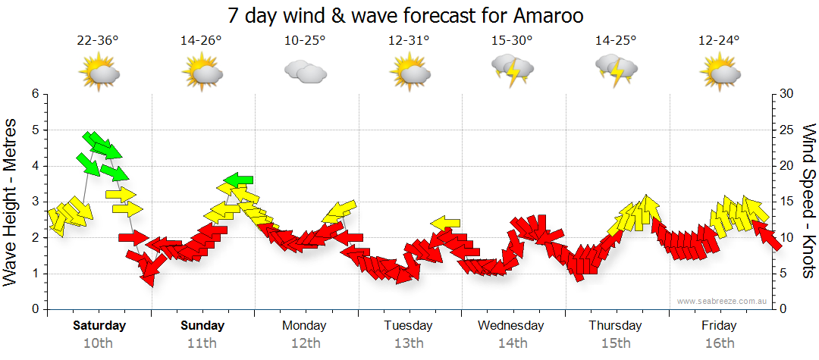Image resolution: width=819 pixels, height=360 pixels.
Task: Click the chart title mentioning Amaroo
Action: coord(409,15)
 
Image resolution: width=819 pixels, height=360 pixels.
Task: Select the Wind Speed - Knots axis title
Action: coord(808,201)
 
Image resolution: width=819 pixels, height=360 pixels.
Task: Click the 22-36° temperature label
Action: coord(98,41)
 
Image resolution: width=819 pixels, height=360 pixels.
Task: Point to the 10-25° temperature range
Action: coord(305,41)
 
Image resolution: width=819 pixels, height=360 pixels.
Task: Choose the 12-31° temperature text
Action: coord(409,41)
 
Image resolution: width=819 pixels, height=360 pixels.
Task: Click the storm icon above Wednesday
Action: coord(512,70)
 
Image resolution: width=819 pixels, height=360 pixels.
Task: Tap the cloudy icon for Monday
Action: coord(305,73)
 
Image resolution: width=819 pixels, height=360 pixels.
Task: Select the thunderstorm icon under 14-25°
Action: coord(616,70)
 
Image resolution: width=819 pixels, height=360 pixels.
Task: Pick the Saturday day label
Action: coord(99,326)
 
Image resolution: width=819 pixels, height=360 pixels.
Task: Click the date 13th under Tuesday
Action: coord(409,343)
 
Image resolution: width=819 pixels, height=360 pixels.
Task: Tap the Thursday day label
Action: coord(616,326)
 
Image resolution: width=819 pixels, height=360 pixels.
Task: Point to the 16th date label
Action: coord(720,343)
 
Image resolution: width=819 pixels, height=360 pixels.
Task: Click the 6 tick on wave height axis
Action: coord(35,94)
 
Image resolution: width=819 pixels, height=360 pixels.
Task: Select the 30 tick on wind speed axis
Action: coord(788,94)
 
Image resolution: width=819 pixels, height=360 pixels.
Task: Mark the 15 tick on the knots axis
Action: coord(788,202)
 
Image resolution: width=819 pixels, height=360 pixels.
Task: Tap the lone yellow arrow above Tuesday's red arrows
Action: coord(445,223)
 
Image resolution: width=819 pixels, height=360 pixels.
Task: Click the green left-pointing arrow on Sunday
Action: coord(238,180)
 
